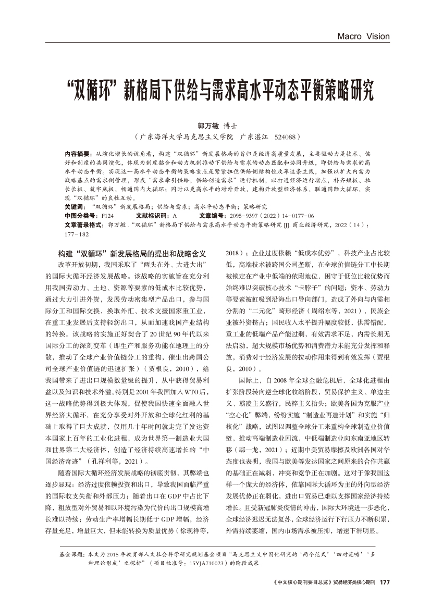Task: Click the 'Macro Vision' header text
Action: [x=363, y=36]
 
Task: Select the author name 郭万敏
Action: [x=207, y=126]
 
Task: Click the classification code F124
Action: [x=108, y=215]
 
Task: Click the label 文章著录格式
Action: [x=84, y=225]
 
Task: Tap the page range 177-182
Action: [x=77, y=234]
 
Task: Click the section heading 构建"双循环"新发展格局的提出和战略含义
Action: [x=133, y=254]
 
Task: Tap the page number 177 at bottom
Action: [x=385, y=582]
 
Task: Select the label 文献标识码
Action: [x=153, y=215]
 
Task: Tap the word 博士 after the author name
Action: [x=230, y=126]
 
